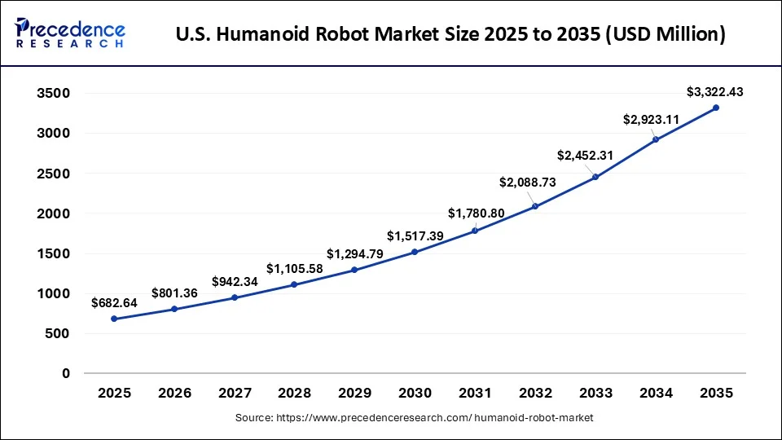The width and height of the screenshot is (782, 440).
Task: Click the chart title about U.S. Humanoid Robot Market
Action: (x=450, y=35)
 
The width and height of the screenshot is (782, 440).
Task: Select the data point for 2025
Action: (x=114, y=319)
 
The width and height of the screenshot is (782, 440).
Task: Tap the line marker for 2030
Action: (x=415, y=252)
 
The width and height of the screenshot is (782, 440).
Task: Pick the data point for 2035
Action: (x=716, y=108)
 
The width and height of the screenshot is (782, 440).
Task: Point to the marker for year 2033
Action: (x=595, y=177)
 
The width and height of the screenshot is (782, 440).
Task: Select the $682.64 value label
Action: (x=114, y=303)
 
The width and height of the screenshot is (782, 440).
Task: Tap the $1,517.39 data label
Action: (x=415, y=236)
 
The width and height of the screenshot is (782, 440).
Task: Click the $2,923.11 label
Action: (x=652, y=120)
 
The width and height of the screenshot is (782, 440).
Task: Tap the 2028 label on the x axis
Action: (x=295, y=393)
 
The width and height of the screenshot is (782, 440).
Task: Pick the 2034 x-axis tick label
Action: (x=656, y=393)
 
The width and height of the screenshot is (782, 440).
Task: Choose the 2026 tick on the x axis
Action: (x=174, y=393)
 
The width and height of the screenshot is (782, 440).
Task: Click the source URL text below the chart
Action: (x=415, y=418)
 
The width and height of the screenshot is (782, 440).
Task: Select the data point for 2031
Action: (x=475, y=231)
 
